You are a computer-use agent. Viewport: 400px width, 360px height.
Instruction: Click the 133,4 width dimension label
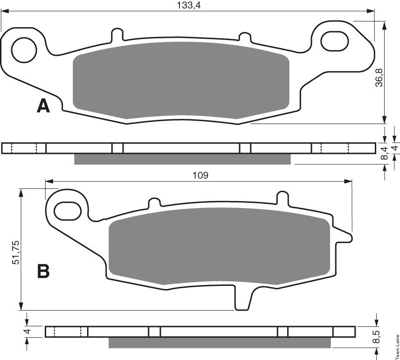pos(189,5)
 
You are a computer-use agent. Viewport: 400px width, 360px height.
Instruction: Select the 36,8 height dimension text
pos(379,77)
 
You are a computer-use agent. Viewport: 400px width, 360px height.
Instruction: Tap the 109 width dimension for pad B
pos(200,175)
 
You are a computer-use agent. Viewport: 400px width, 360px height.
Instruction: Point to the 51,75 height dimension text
pos(15,252)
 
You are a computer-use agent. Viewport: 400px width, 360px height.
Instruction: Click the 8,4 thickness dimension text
pos(385,153)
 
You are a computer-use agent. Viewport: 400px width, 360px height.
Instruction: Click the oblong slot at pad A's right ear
pos(334,41)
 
